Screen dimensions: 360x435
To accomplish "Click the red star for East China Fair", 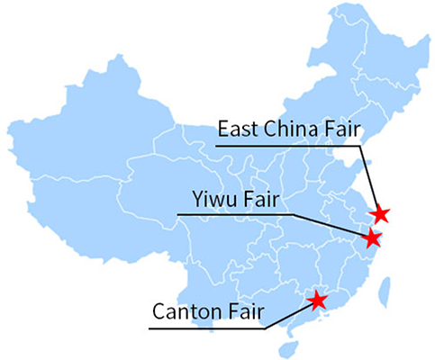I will pos(381,213).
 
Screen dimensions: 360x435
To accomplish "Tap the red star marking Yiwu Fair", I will pos(371,238).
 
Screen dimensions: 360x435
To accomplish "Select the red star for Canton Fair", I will pos(317,299).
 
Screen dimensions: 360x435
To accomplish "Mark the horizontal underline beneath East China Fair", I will pos(288,145).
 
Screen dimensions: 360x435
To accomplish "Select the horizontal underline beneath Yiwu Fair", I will pos(234,214).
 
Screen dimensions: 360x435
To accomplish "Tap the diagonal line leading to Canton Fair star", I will pos(288,314).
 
